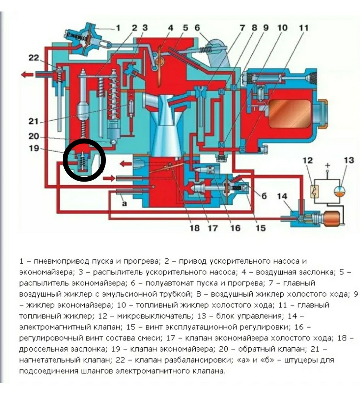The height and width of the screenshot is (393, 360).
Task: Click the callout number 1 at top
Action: (118, 28)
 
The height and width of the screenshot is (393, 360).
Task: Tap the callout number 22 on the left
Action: (34, 58)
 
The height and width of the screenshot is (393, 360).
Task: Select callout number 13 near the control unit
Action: (349, 161)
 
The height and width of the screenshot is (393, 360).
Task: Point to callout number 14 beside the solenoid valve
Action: (282, 197)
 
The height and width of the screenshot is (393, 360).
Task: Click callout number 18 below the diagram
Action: (195, 228)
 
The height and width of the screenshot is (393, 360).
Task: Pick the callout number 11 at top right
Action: (304, 27)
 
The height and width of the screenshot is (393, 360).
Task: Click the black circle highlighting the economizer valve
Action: (84, 160)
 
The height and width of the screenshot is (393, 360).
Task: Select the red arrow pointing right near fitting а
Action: (109, 178)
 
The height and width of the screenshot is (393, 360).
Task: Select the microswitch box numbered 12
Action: (315, 192)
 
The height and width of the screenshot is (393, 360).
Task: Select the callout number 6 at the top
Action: (197, 27)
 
